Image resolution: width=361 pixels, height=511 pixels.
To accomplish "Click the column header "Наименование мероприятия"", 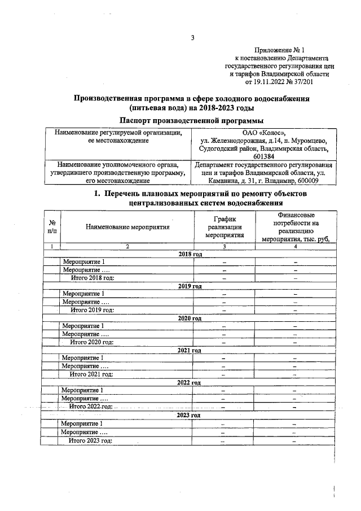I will point(127,227).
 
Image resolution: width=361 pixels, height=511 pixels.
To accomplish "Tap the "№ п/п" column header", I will point(52,227).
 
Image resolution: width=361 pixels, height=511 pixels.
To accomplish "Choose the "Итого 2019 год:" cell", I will point(92,310).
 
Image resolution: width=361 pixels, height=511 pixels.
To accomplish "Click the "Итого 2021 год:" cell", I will point(91,374).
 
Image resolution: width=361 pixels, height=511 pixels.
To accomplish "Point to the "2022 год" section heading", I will point(190,383).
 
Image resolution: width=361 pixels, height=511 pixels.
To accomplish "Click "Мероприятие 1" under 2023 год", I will point(82,423).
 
